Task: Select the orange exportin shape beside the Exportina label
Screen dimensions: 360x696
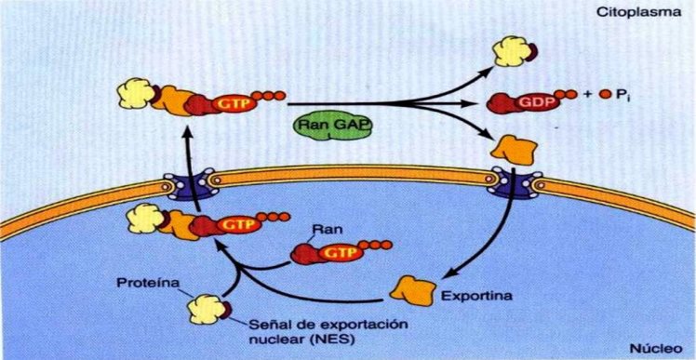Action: [x=413, y=289]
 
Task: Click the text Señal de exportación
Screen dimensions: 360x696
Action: [x=315, y=325]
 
